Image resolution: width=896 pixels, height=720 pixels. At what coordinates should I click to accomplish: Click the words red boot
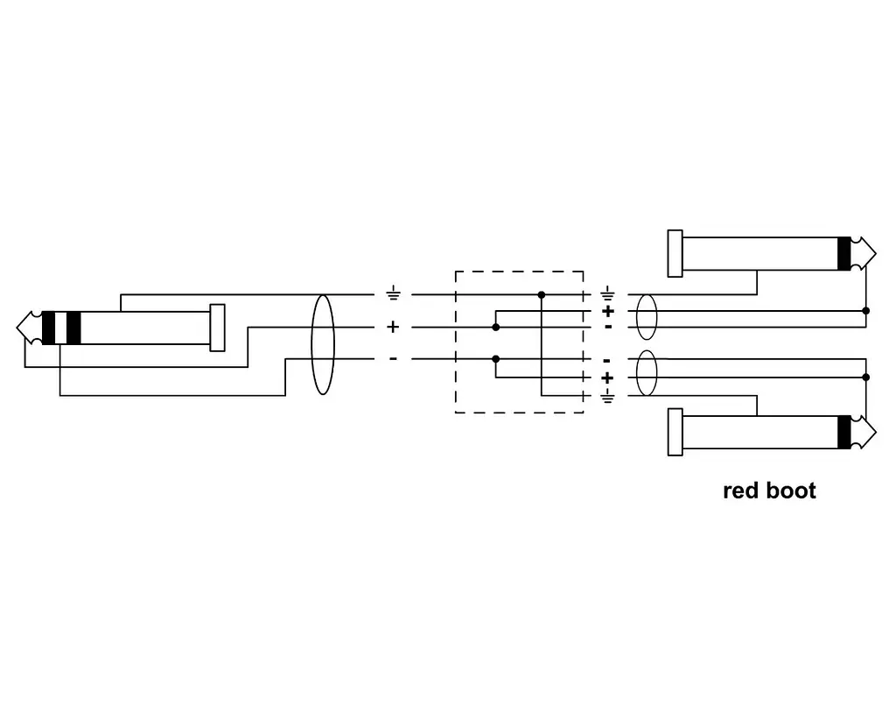769,491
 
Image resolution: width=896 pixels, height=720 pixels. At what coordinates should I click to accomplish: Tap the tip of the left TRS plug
17,328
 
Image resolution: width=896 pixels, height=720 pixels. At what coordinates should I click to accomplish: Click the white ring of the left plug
60,328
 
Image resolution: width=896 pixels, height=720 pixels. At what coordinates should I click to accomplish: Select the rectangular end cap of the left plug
217,328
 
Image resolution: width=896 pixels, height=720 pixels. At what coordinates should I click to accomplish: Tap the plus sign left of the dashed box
393,327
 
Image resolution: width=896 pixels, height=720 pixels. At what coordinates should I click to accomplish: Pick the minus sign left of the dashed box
393,359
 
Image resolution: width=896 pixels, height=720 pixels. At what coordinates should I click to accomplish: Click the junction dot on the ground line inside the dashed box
542,295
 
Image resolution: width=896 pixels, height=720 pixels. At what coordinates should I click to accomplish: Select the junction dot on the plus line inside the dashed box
496,327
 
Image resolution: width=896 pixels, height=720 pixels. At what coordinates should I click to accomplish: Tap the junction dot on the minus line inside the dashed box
496,359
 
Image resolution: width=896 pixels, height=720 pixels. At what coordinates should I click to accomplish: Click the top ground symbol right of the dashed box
607,294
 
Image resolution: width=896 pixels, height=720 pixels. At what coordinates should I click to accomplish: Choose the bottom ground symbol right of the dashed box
607,396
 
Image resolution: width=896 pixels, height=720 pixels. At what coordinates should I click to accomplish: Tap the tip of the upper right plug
875,253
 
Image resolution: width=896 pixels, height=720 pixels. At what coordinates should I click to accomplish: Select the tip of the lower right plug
875,433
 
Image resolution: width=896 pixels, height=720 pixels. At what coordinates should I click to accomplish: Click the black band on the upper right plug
844,253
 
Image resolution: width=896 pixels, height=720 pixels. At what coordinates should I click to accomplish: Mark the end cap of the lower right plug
675,433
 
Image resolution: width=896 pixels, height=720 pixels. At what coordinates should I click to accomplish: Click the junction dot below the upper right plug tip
865,311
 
